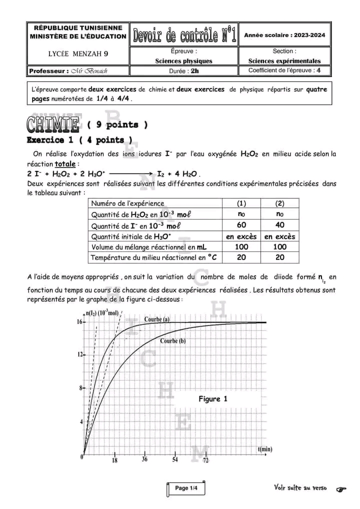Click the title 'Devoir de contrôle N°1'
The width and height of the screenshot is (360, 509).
tap(183, 35)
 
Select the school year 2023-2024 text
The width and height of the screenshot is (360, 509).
tap(284, 35)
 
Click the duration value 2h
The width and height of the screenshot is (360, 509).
tap(194, 71)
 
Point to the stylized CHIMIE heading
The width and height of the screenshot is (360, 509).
tap(53, 123)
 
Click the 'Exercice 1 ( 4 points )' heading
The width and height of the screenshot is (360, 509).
tap(79, 140)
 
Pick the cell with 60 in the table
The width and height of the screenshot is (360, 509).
tap(241, 225)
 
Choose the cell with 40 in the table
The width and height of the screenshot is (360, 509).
tap(280, 225)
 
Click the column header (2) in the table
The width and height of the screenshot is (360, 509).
tap(280, 203)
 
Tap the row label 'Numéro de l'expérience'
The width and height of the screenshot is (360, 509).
tap(127, 203)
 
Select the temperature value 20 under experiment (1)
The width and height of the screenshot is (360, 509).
tap(241, 257)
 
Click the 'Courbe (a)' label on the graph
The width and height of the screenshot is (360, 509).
tap(156, 319)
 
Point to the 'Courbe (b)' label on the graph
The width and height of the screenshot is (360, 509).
tap(173, 341)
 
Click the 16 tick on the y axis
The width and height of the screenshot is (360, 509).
tap(79, 322)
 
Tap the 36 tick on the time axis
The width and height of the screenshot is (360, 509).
tap(144, 459)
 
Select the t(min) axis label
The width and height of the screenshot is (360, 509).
tap(265, 449)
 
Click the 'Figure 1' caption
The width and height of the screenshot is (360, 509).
tap(213, 398)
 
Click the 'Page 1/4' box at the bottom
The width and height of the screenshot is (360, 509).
tap(185, 488)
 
